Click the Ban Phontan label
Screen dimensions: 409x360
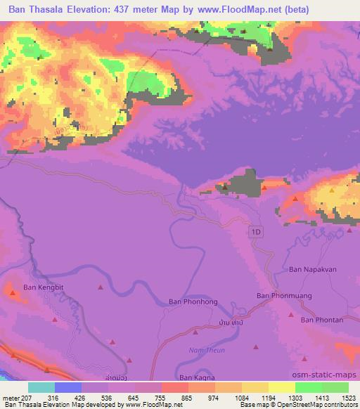point(322,320)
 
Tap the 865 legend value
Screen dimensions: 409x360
point(186,398)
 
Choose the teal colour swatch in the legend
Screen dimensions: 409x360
point(41,388)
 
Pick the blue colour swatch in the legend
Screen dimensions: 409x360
point(68,388)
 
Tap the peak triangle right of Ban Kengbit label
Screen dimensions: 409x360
point(101,287)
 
